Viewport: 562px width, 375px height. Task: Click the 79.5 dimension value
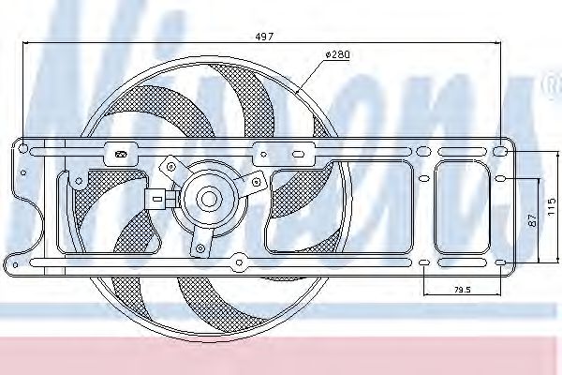click(462, 290)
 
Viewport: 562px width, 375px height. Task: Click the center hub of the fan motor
click(206, 198)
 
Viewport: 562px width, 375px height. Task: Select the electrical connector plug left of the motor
click(155, 198)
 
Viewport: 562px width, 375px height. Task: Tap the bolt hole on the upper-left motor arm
click(171, 164)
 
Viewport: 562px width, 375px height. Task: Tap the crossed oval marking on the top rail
click(119, 153)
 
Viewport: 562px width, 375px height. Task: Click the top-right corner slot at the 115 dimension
click(502, 150)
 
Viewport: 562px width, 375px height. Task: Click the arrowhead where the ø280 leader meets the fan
click(298, 95)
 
